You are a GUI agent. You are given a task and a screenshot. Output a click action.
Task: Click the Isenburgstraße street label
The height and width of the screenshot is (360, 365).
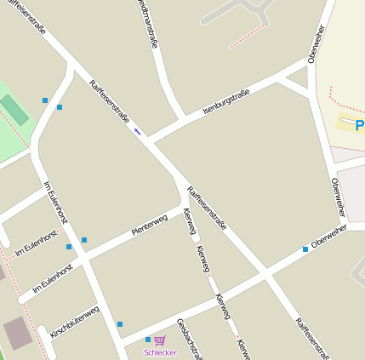(225, 101)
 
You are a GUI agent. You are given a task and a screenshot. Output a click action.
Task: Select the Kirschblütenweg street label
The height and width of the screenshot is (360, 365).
(74, 322)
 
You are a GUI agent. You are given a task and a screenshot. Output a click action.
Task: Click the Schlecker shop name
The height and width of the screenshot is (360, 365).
(160, 352)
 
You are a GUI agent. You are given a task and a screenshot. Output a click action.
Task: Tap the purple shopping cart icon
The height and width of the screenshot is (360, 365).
(159, 340)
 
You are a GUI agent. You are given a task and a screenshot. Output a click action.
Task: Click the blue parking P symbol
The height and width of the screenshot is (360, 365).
(360, 125)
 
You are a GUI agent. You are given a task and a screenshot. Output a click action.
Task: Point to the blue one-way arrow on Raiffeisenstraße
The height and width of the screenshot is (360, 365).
(137, 131)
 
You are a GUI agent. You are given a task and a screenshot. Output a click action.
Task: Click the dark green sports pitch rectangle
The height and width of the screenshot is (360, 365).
(14, 110)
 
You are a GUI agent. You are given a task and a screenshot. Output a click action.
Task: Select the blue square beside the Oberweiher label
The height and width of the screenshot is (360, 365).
(305, 249)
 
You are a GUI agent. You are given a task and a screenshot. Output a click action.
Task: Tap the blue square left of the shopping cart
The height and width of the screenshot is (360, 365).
(147, 340)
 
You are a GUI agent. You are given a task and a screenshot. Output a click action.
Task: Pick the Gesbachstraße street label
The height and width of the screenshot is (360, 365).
(188, 339)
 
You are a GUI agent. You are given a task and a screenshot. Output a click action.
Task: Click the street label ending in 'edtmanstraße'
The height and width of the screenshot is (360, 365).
(147, 23)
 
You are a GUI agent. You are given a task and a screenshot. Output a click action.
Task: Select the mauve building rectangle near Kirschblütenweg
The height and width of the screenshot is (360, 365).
(18, 333)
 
